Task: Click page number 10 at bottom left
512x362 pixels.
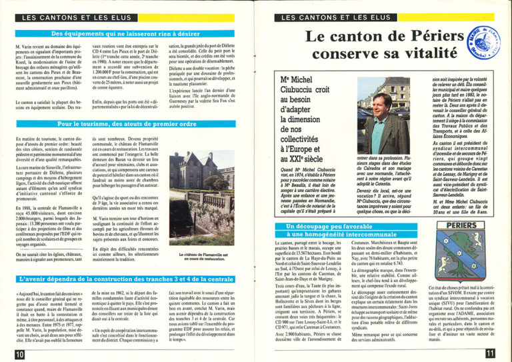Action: pos(19,355)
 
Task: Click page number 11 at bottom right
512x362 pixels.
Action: pos(490,355)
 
